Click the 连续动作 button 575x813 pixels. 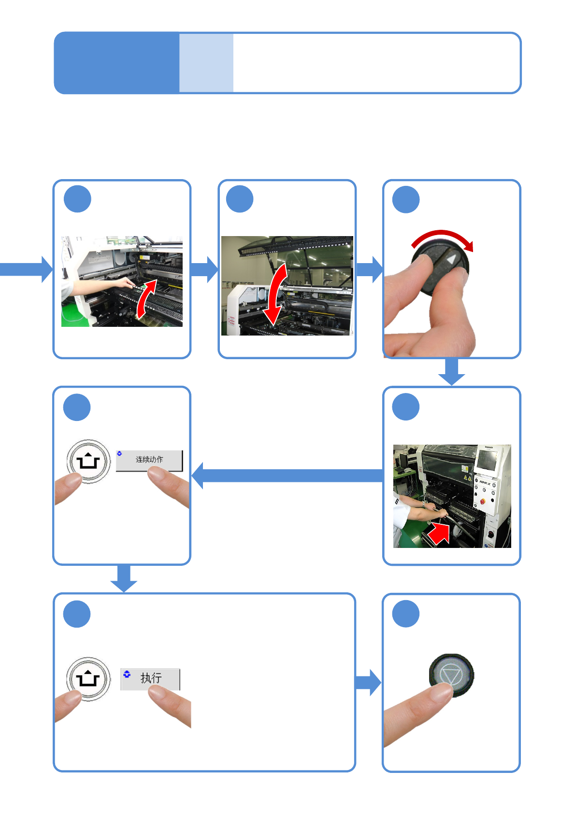pyautogui.click(x=149, y=460)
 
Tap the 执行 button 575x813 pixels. pyautogui.click(x=150, y=678)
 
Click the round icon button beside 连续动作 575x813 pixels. pyautogui.click(x=88, y=461)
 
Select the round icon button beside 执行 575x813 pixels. pyautogui.click(x=88, y=678)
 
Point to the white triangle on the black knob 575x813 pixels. pyautogui.click(x=451, y=259)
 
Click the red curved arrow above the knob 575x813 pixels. pyautogui.click(x=442, y=238)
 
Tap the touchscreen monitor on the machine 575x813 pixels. pyautogui.click(x=486, y=461)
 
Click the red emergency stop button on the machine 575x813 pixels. pyautogui.click(x=482, y=502)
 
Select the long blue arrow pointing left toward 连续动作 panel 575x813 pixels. pyautogui.click(x=290, y=476)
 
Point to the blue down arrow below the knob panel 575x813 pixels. pyautogui.click(x=452, y=372)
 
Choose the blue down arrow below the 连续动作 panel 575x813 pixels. pyautogui.click(x=124, y=578)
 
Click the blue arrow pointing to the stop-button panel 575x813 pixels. pyautogui.click(x=368, y=682)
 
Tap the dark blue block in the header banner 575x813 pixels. pyautogui.click(x=116, y=63)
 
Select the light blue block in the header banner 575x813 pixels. pyautogui.click(x=206, y=63)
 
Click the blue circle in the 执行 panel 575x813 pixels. pyautogui.click(x=77, y=614)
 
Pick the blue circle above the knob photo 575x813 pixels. pyautogui.click(x=405, y=199)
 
